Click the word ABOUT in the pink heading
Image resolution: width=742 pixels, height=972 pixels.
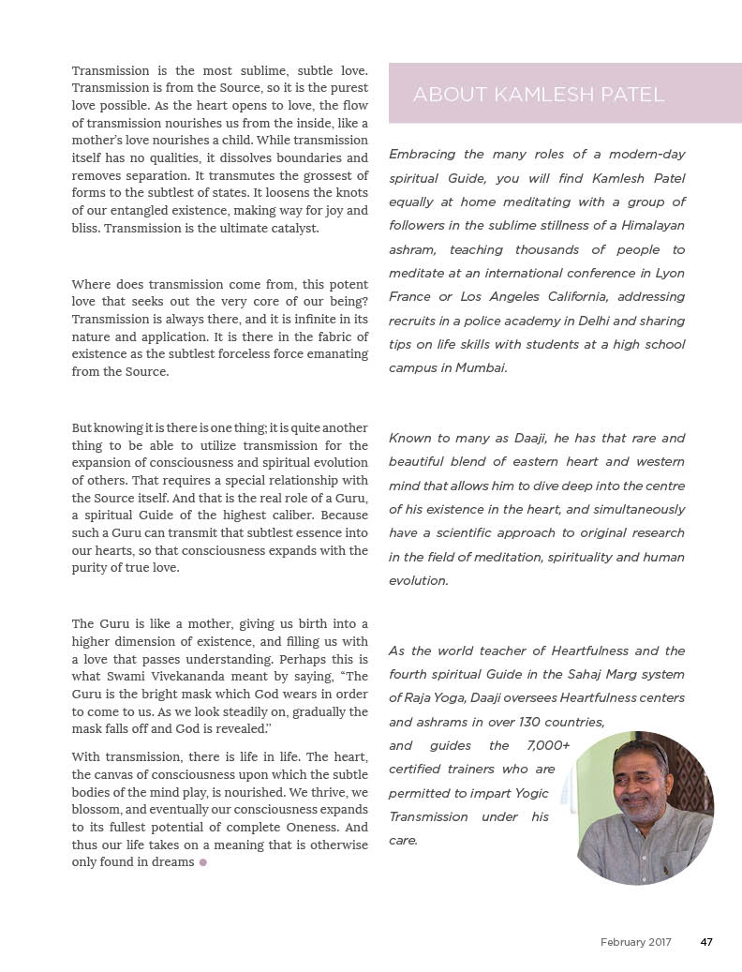tap(446, 95)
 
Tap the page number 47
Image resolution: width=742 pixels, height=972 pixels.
tap(706, 942)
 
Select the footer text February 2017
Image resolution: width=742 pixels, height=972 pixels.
tap(635, 942)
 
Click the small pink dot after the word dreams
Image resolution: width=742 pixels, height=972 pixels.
tap(202, 862)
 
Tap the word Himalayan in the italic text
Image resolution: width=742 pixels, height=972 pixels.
tap(646, 226)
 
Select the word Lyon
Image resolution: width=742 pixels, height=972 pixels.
tap(669, 273)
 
